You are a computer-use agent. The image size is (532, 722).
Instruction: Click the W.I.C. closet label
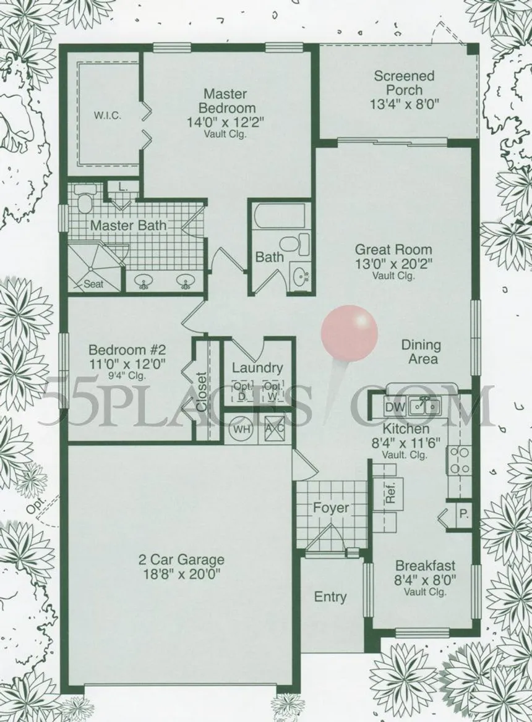click(x=108, y=116)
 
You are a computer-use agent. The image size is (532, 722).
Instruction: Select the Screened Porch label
click(x=403, y=82)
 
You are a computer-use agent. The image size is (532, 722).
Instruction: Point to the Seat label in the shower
click(x=93, y=284)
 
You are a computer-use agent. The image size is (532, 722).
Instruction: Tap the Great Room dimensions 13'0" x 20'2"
click(x=393, y=264)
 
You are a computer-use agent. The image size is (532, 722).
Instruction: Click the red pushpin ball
click(x=350, y=331)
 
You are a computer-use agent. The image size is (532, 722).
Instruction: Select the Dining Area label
click(x=421, y=351)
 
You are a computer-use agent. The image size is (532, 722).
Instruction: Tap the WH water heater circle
click(x=241, y=428)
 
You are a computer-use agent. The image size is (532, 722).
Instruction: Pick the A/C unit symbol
click(x=274, y=428)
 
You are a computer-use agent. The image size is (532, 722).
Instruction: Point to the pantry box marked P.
click(x=463, y=514)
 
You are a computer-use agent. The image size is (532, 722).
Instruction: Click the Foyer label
click(x=331, y=508)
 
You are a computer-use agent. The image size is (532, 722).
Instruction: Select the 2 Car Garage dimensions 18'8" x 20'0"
click(x=181, y=574)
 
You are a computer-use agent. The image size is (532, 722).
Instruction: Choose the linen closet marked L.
click(x=122, y=187)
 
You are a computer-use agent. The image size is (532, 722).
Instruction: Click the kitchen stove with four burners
click(x=460, y=461)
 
